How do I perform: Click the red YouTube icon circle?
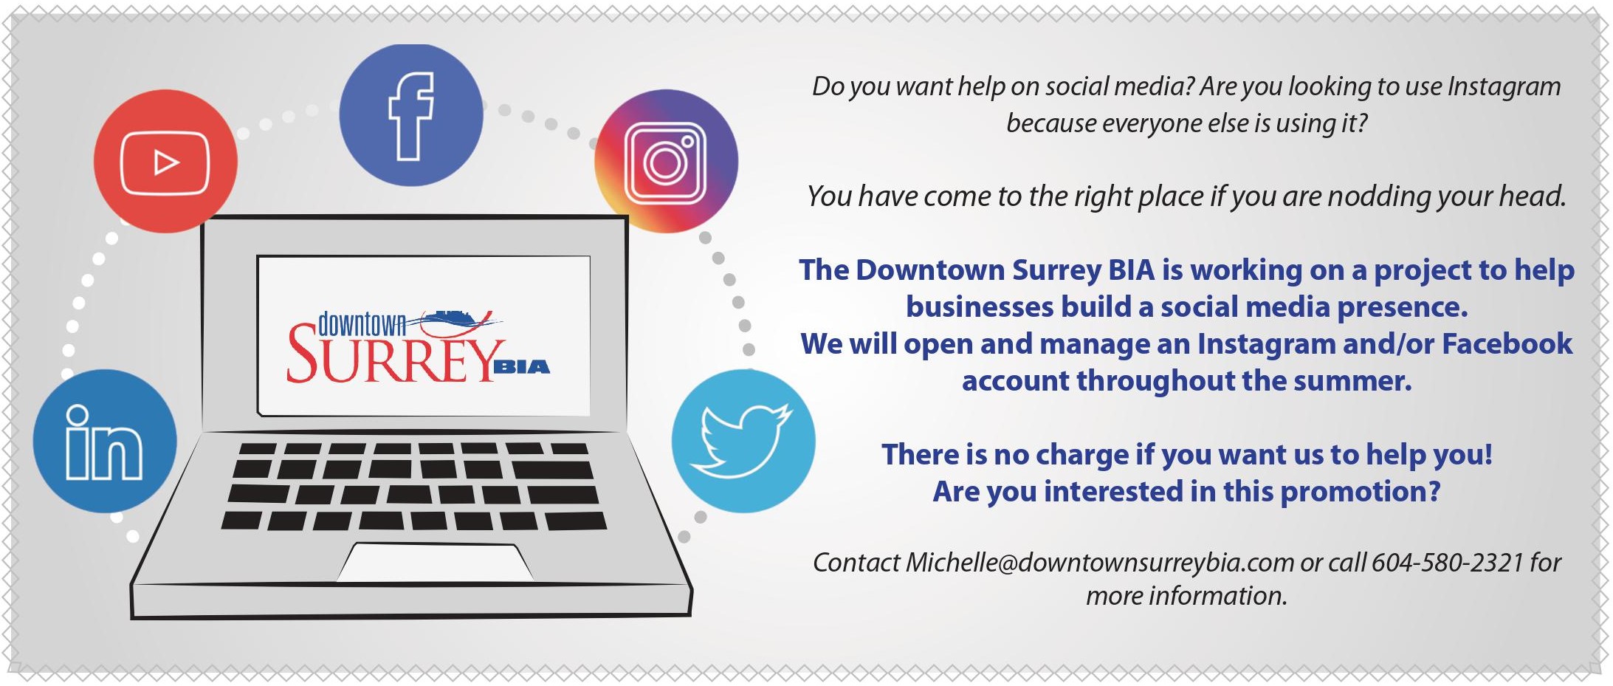click(x=165, y=161)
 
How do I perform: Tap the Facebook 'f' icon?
click(x=411, y=115)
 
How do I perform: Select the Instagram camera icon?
click(x=666, y=161)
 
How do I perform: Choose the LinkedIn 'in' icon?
click(x=105, y=441)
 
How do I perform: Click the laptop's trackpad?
click(x=436, y=562)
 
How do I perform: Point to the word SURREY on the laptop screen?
click(x=391, y=356)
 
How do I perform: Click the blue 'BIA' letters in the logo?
click(x=521, y=367)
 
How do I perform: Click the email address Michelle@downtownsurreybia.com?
click(x=1100, y=563)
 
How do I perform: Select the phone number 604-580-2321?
click(x=1448, y=563)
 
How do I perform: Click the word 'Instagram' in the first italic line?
click(x=1504, y=87)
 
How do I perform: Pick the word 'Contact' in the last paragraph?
click(x=856, y=563)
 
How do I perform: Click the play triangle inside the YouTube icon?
click(x=165, y=162)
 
